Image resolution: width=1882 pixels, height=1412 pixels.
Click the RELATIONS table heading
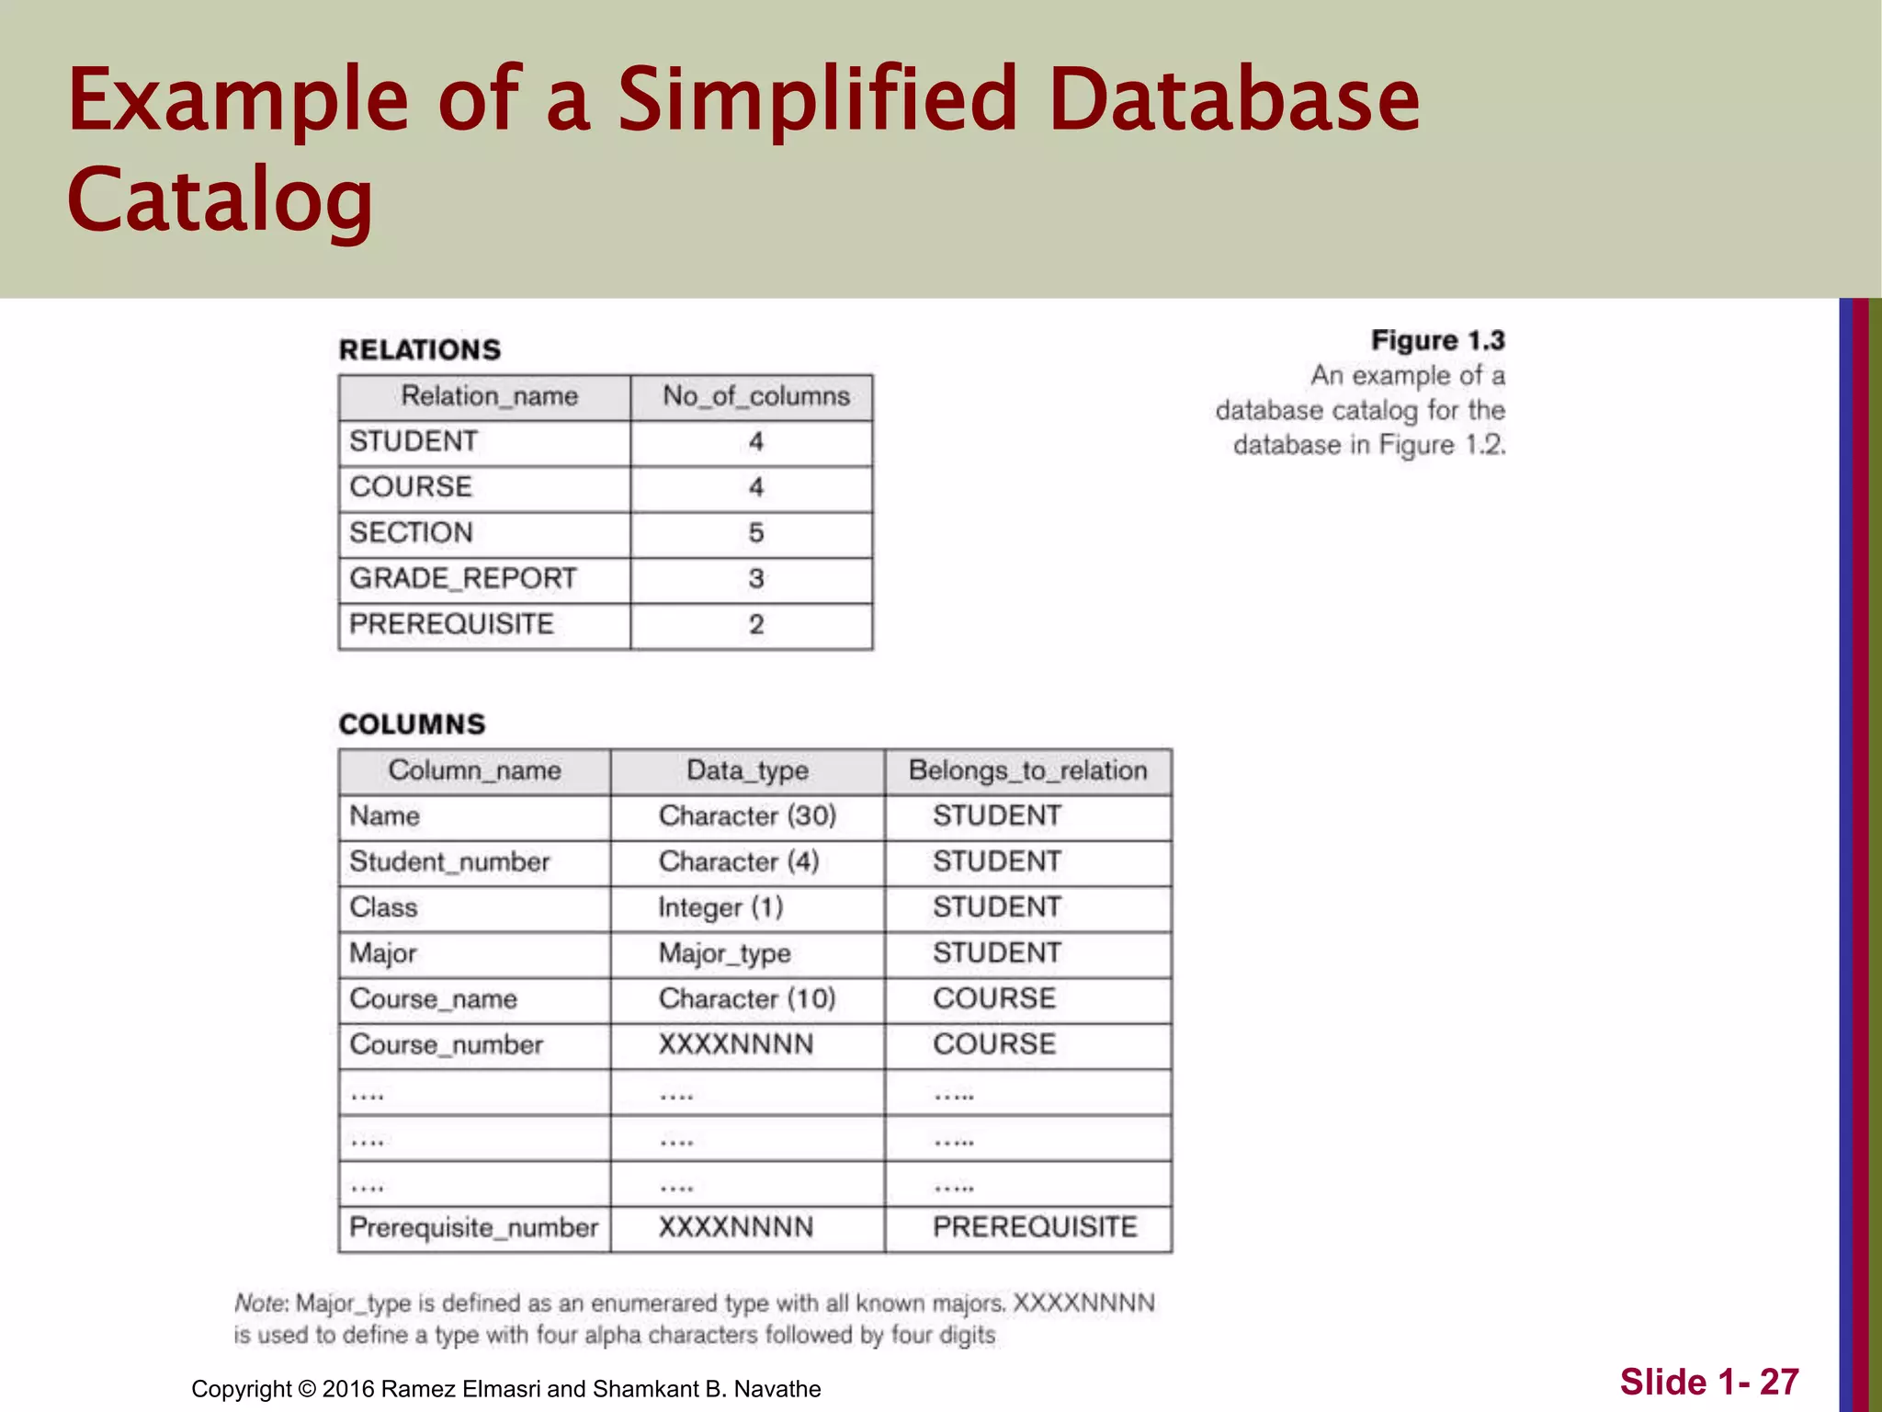click(x=420, y=350)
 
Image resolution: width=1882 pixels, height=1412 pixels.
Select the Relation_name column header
click(x=489, y=396)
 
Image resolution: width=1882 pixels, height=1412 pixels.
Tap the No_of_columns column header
click(x=755, y=396)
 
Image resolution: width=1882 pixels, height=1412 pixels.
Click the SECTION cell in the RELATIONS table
click(x=411, y=533)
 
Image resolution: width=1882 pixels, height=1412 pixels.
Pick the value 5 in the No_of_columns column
click(x=755, y=533)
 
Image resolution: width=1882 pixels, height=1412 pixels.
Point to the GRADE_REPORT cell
click(x=462, y=579)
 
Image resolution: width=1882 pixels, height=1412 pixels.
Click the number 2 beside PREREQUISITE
click(x=755, y=625)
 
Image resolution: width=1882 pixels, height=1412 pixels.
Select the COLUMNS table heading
click(x=412, y=724)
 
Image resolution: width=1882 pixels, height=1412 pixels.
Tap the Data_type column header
click(x=747, y=770)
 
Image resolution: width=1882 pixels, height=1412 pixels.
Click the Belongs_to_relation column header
click(x=1027, y=770)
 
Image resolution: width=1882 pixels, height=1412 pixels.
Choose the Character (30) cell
click(x=747, y=816)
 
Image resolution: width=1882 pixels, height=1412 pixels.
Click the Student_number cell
click(x=449, y=862)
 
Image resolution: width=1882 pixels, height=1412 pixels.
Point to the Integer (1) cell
click(x=720, y=908)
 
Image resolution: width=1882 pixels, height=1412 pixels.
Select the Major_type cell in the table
click(x=724, y=953)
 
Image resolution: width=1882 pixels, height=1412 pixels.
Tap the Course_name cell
click(x=433, y=999)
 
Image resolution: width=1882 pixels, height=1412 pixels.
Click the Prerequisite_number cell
click(x=473, y=1228)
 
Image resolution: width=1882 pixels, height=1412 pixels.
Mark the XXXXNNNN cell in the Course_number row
click(x=735, y=1045)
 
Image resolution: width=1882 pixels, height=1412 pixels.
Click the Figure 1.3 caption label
click(x=1437, y=341)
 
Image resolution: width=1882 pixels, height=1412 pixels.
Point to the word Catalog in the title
click(x=221, y=199)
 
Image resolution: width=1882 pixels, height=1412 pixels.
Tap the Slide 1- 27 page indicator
click(x=1708, y=1382)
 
